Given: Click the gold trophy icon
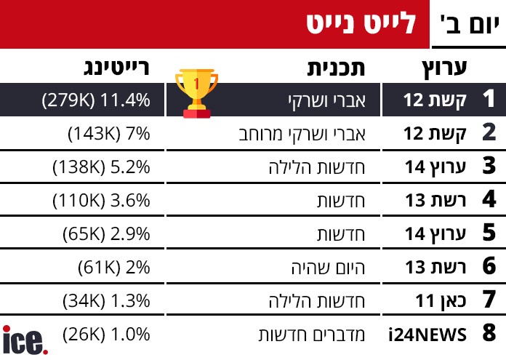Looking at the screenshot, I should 196,93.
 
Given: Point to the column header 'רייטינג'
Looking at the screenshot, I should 115,68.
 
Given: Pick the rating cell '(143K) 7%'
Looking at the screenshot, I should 108,134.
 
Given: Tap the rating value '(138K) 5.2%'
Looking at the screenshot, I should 102,167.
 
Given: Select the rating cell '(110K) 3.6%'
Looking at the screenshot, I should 102,200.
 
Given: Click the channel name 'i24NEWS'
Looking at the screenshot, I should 427,335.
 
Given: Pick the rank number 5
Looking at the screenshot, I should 489,233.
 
